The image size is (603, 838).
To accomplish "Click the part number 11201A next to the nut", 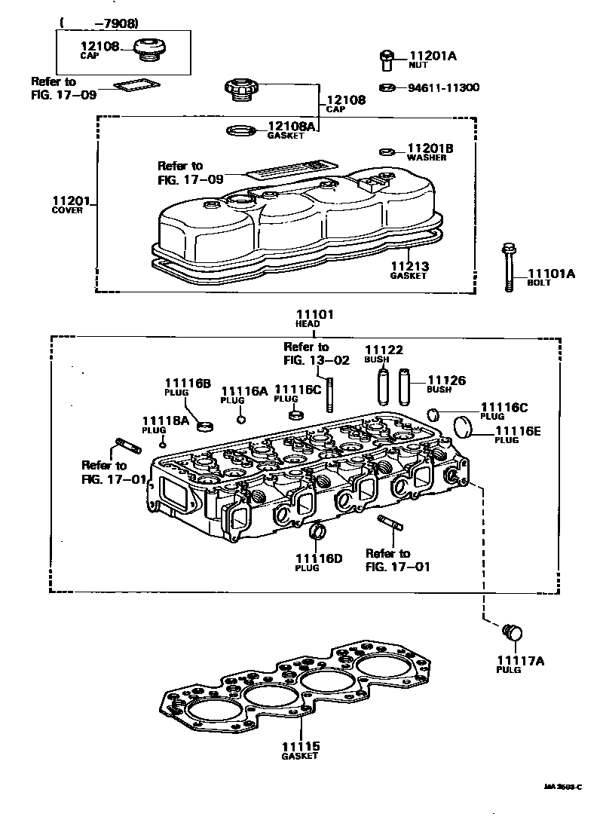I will pyautogui.click(x=433, y=56).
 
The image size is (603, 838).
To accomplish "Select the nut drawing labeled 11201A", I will pyautogui.click(x=385, y=58).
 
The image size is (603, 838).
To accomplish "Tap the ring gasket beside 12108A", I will pyautogui.click(x=240, y=131).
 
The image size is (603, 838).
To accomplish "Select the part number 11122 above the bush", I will pyautogui.click(x=384, y=350).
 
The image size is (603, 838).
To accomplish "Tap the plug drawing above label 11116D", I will pyautogui.click(x=318, y=533).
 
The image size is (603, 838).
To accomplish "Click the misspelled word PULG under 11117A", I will pyautogui.click(x=509, y=670).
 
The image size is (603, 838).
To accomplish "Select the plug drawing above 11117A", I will pyautogui.click(x=511, y=632).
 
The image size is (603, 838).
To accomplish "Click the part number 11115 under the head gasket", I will pyautogui.click(x=301, y=746).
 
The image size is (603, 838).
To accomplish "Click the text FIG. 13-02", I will pyautogui.click(x=317, y=359).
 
